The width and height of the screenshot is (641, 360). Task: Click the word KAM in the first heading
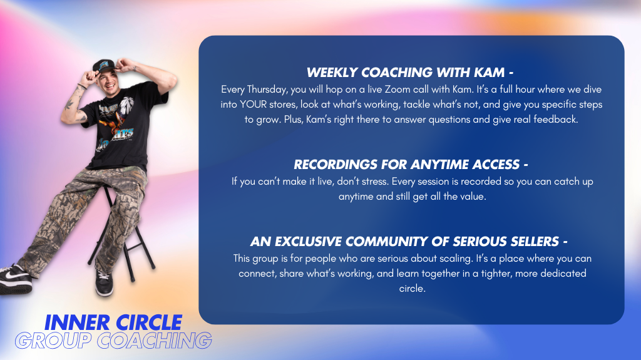point(489,73)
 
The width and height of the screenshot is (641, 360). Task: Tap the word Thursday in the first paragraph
point(267,90)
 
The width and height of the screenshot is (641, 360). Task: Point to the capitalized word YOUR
point(254,105)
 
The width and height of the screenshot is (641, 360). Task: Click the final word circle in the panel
point(412,289)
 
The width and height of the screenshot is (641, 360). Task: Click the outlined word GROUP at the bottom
point(53,341)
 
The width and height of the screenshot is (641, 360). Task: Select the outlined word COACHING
point(155,341)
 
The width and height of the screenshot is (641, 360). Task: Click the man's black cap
point(104,66)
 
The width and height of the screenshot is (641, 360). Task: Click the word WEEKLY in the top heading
point(332,73)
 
